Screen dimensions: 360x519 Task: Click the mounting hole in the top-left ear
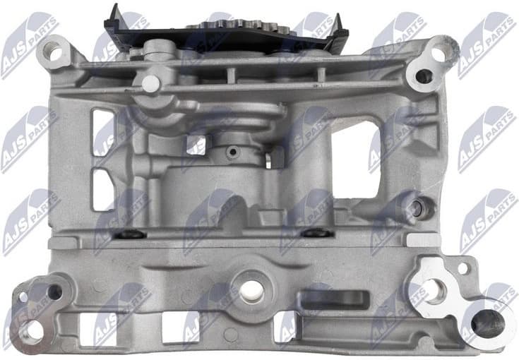click(x=50, y=51)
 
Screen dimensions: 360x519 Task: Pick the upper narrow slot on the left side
click(x=103, y=131)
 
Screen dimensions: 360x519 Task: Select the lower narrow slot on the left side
click(x=103, y=191)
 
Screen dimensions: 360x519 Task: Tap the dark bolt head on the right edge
click(x=418, y=206)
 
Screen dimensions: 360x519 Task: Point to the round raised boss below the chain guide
click(x=151, y=83)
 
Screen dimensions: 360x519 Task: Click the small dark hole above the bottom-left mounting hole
click(x=54, y=291)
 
